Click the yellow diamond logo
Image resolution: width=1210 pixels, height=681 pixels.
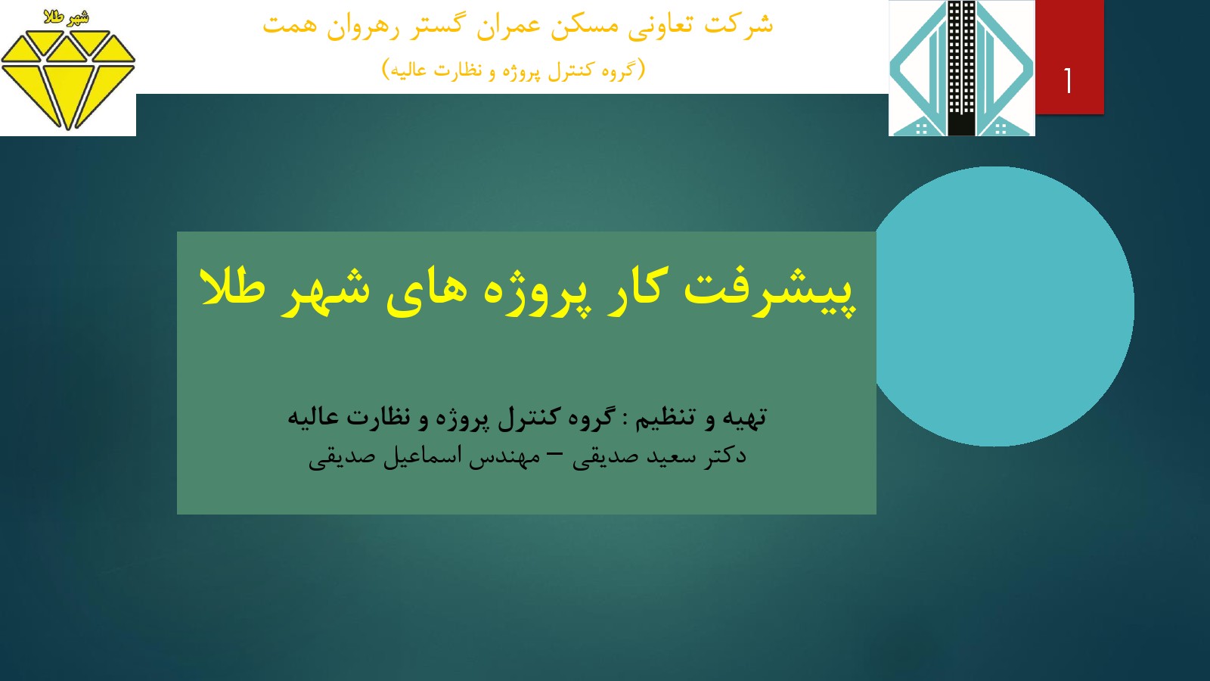click(x=68, y=80)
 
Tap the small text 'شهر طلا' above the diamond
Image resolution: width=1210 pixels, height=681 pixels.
click(x=67, y=18)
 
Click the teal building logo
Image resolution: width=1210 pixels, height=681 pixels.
click(x=961, y=68)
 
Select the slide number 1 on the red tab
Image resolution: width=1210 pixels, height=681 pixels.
click(x=1068, y=81)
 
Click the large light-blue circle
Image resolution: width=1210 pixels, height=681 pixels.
click(x=1003, y=306)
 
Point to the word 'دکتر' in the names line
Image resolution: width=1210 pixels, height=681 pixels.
click(x=725, y=456)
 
